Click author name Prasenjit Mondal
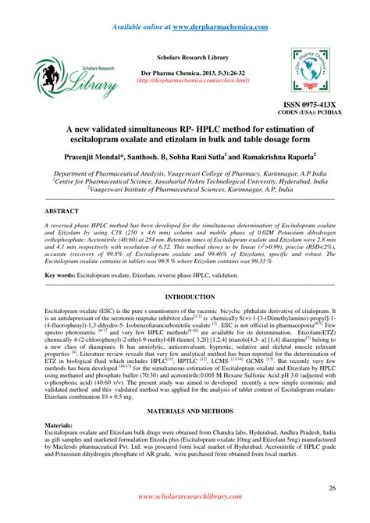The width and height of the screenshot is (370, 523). point(111,157)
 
